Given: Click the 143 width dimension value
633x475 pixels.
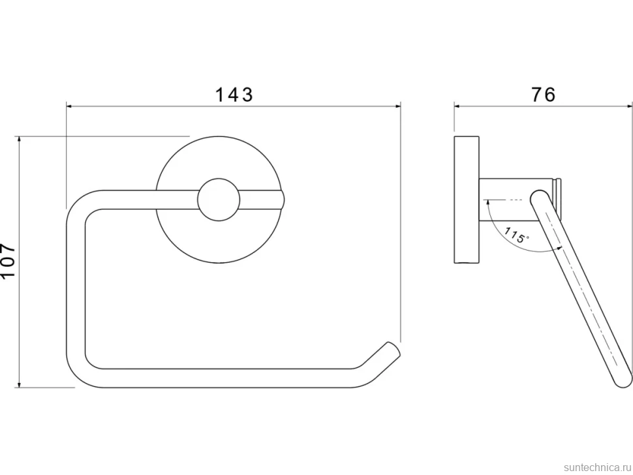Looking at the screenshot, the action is (234, 95).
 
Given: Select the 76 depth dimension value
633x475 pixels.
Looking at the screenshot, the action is (543, 95).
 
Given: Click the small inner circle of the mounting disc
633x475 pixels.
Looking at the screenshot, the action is (219, 200).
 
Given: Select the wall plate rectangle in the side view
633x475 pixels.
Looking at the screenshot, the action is (467, 200).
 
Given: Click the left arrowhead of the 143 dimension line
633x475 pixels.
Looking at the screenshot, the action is (69, 106).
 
